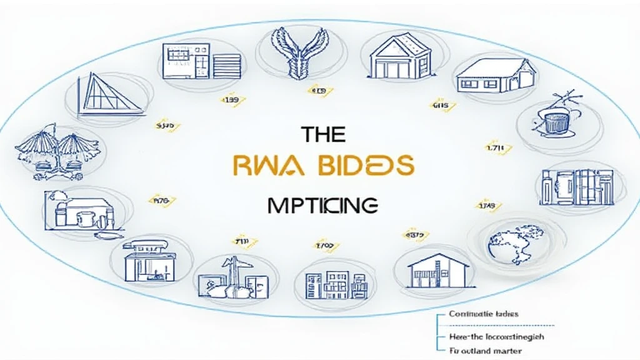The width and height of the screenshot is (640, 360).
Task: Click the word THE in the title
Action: (323, 134)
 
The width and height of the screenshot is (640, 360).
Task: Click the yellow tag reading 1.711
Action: (499, 149)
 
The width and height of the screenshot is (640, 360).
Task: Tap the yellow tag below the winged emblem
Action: (319, 92)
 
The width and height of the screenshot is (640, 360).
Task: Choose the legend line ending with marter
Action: (485, 351)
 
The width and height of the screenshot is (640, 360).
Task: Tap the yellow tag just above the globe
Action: (486, 205)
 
